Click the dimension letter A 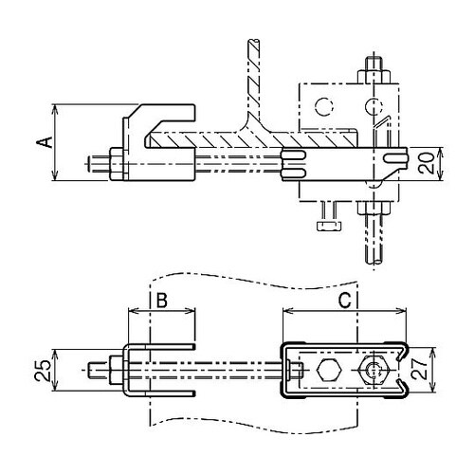[x=42, y=142]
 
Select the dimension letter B [x=161, y=301]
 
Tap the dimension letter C [x=347, y=301]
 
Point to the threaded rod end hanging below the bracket [x=371, y=242]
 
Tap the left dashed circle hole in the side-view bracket [x=324, y=105]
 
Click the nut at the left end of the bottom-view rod [x=111, y=369]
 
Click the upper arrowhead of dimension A [x=56, y=106]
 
